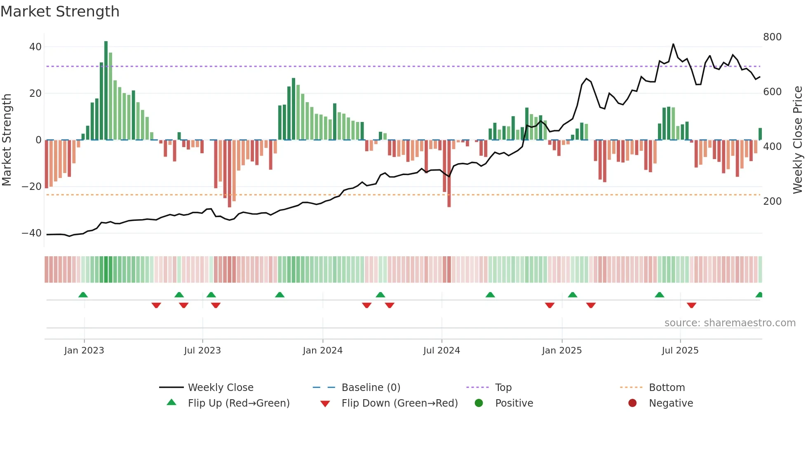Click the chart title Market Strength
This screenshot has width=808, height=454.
point(60,12)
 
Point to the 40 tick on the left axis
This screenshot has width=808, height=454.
point(35,47)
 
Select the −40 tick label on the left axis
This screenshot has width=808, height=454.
point(32,233)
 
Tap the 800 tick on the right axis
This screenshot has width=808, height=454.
point(772,37)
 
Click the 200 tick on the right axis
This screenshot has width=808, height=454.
point(772,201)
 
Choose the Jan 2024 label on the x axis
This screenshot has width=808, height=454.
point(322,351)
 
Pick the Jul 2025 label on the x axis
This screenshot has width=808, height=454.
point(680,351)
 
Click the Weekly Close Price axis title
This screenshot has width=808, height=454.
point(798,140)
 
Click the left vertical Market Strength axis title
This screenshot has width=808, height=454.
point(7,140)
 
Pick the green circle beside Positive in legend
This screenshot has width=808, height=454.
point(479,403)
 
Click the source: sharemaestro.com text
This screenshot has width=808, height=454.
point(730,323)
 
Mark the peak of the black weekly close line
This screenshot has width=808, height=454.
point(673,44)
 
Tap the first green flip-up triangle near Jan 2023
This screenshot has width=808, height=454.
point(83,295)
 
